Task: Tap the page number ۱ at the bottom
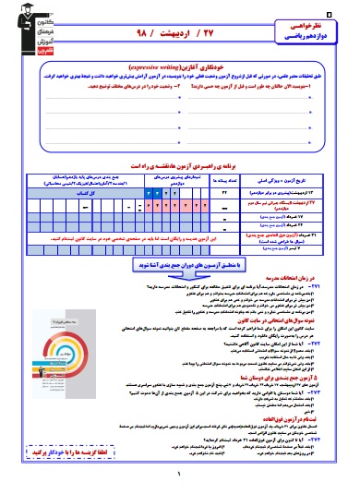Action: [x=179, y=475]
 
